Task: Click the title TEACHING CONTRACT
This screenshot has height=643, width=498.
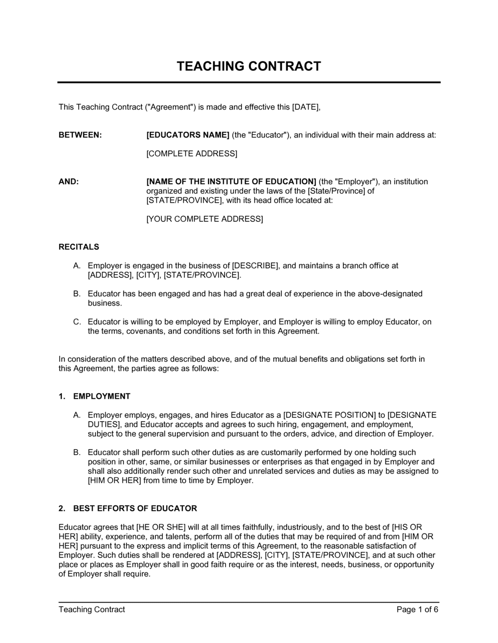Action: pos(249,66)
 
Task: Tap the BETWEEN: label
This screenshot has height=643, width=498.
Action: pos(80,135)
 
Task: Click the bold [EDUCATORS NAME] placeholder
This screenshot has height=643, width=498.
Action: pos(188,135)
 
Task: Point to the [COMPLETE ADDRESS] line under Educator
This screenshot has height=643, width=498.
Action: pos(191,154)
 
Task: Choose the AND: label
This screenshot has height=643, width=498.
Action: pos(69,181)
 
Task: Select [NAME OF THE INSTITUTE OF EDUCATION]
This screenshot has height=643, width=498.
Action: pos(231,181)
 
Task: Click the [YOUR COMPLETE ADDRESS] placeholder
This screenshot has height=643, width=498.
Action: pos(204,219)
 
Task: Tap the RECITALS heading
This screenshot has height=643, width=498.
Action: pos(79,247)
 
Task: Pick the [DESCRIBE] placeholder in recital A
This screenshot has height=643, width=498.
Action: pos(255,266)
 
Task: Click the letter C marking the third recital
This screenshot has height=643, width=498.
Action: pos(77,322)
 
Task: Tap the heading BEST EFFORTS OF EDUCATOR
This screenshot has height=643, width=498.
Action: pos(135,508)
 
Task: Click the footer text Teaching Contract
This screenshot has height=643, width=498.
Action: pos(92,609)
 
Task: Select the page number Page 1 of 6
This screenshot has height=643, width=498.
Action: pos(417,609)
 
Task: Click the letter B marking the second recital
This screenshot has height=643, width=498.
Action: pos(77,294)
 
